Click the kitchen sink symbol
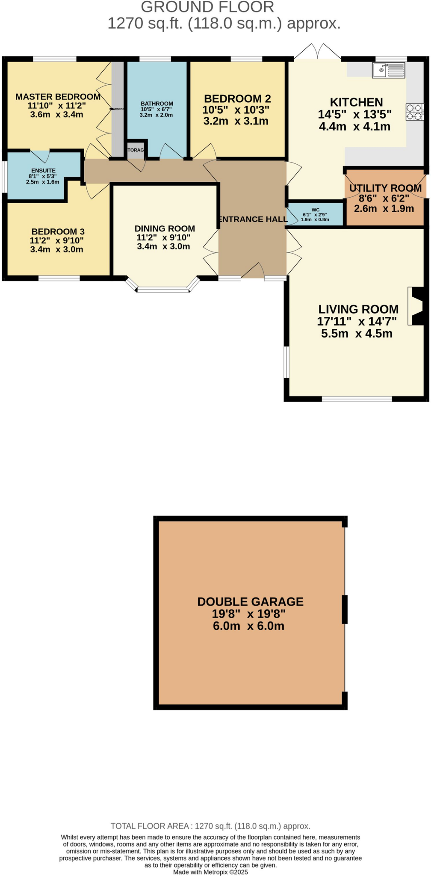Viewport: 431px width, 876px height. (x=388, y=70)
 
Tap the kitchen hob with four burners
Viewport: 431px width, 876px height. (x=414, y=112)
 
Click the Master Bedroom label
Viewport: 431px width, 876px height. (x=58, y=97)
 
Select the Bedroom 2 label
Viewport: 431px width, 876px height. (x=237, y=99)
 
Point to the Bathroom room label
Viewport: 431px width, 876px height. (x=157, y=104)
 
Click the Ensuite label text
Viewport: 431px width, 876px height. (x=43, y=171)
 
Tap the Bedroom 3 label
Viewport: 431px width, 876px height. (x=58, y=231)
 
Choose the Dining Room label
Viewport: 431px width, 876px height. (x=165, y=229)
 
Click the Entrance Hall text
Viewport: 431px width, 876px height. (x=253, y=219)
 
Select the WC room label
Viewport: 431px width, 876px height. (x=315, y=210)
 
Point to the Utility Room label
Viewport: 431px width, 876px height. (x=385, y=188)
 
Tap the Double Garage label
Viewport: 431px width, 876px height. (x=250, y=602)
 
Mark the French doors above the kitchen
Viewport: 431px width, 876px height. (x=317, y=51)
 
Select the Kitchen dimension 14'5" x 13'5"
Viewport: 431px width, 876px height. (x=354, y=115)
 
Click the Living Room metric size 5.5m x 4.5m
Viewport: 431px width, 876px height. (x=357, y=334)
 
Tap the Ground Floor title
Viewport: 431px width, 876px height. (x=207, y=7)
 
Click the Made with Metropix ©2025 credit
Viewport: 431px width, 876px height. (x=210, y=872)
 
